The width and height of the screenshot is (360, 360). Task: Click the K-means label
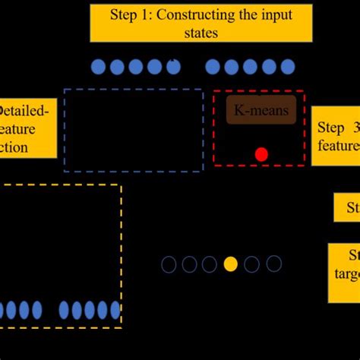(x=261, y=112)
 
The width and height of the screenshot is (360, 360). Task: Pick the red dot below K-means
(x=261, y=154)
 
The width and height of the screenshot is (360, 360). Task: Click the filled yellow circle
(x=230, y=264)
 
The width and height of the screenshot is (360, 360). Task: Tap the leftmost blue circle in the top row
(x=98, y=67)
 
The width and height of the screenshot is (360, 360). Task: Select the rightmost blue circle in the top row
(x=287, y=67)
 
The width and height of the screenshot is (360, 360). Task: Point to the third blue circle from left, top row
(x=136, y=67)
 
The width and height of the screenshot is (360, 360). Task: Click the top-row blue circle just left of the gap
(x=173, y=67)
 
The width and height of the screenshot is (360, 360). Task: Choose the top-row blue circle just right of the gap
(x=213, y=67)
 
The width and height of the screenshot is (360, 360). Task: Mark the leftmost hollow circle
(x=169, y=264)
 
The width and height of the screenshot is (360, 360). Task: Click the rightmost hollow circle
(x=274, y=264)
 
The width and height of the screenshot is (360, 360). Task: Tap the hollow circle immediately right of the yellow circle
(x=252, y=264)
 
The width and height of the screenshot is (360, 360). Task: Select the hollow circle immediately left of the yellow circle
(x=209, y=264)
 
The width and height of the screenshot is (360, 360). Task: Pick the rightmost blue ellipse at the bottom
(x=115, y=310)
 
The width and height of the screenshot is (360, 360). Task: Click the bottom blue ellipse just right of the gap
(x=65, y=310)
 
